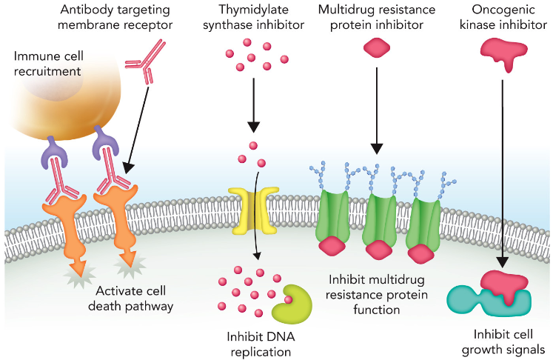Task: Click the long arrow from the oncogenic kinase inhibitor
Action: pyautogui.click(x=503, y=170)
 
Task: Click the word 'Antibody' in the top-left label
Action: pyautogui.click(x=84, y=10)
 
